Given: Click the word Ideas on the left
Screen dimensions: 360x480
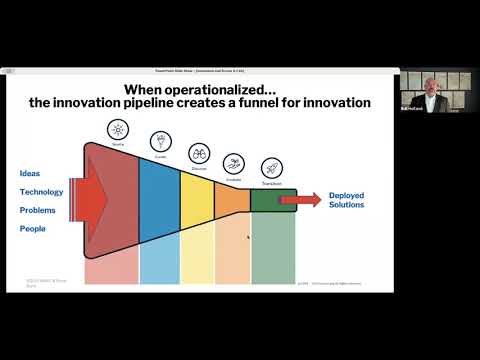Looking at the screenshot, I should tap(30, 173).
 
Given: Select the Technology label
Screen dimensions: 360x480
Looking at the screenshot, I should tap(41, 191).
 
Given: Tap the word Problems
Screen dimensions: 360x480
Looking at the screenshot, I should tap(38, 210).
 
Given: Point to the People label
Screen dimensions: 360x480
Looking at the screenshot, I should tap(32, 229).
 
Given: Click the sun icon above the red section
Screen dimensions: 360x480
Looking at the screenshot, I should tap(117, 130).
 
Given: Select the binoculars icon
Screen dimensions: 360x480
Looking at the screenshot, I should tap(198, 153).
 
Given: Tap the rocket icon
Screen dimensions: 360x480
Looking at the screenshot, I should tap(271, 168).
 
